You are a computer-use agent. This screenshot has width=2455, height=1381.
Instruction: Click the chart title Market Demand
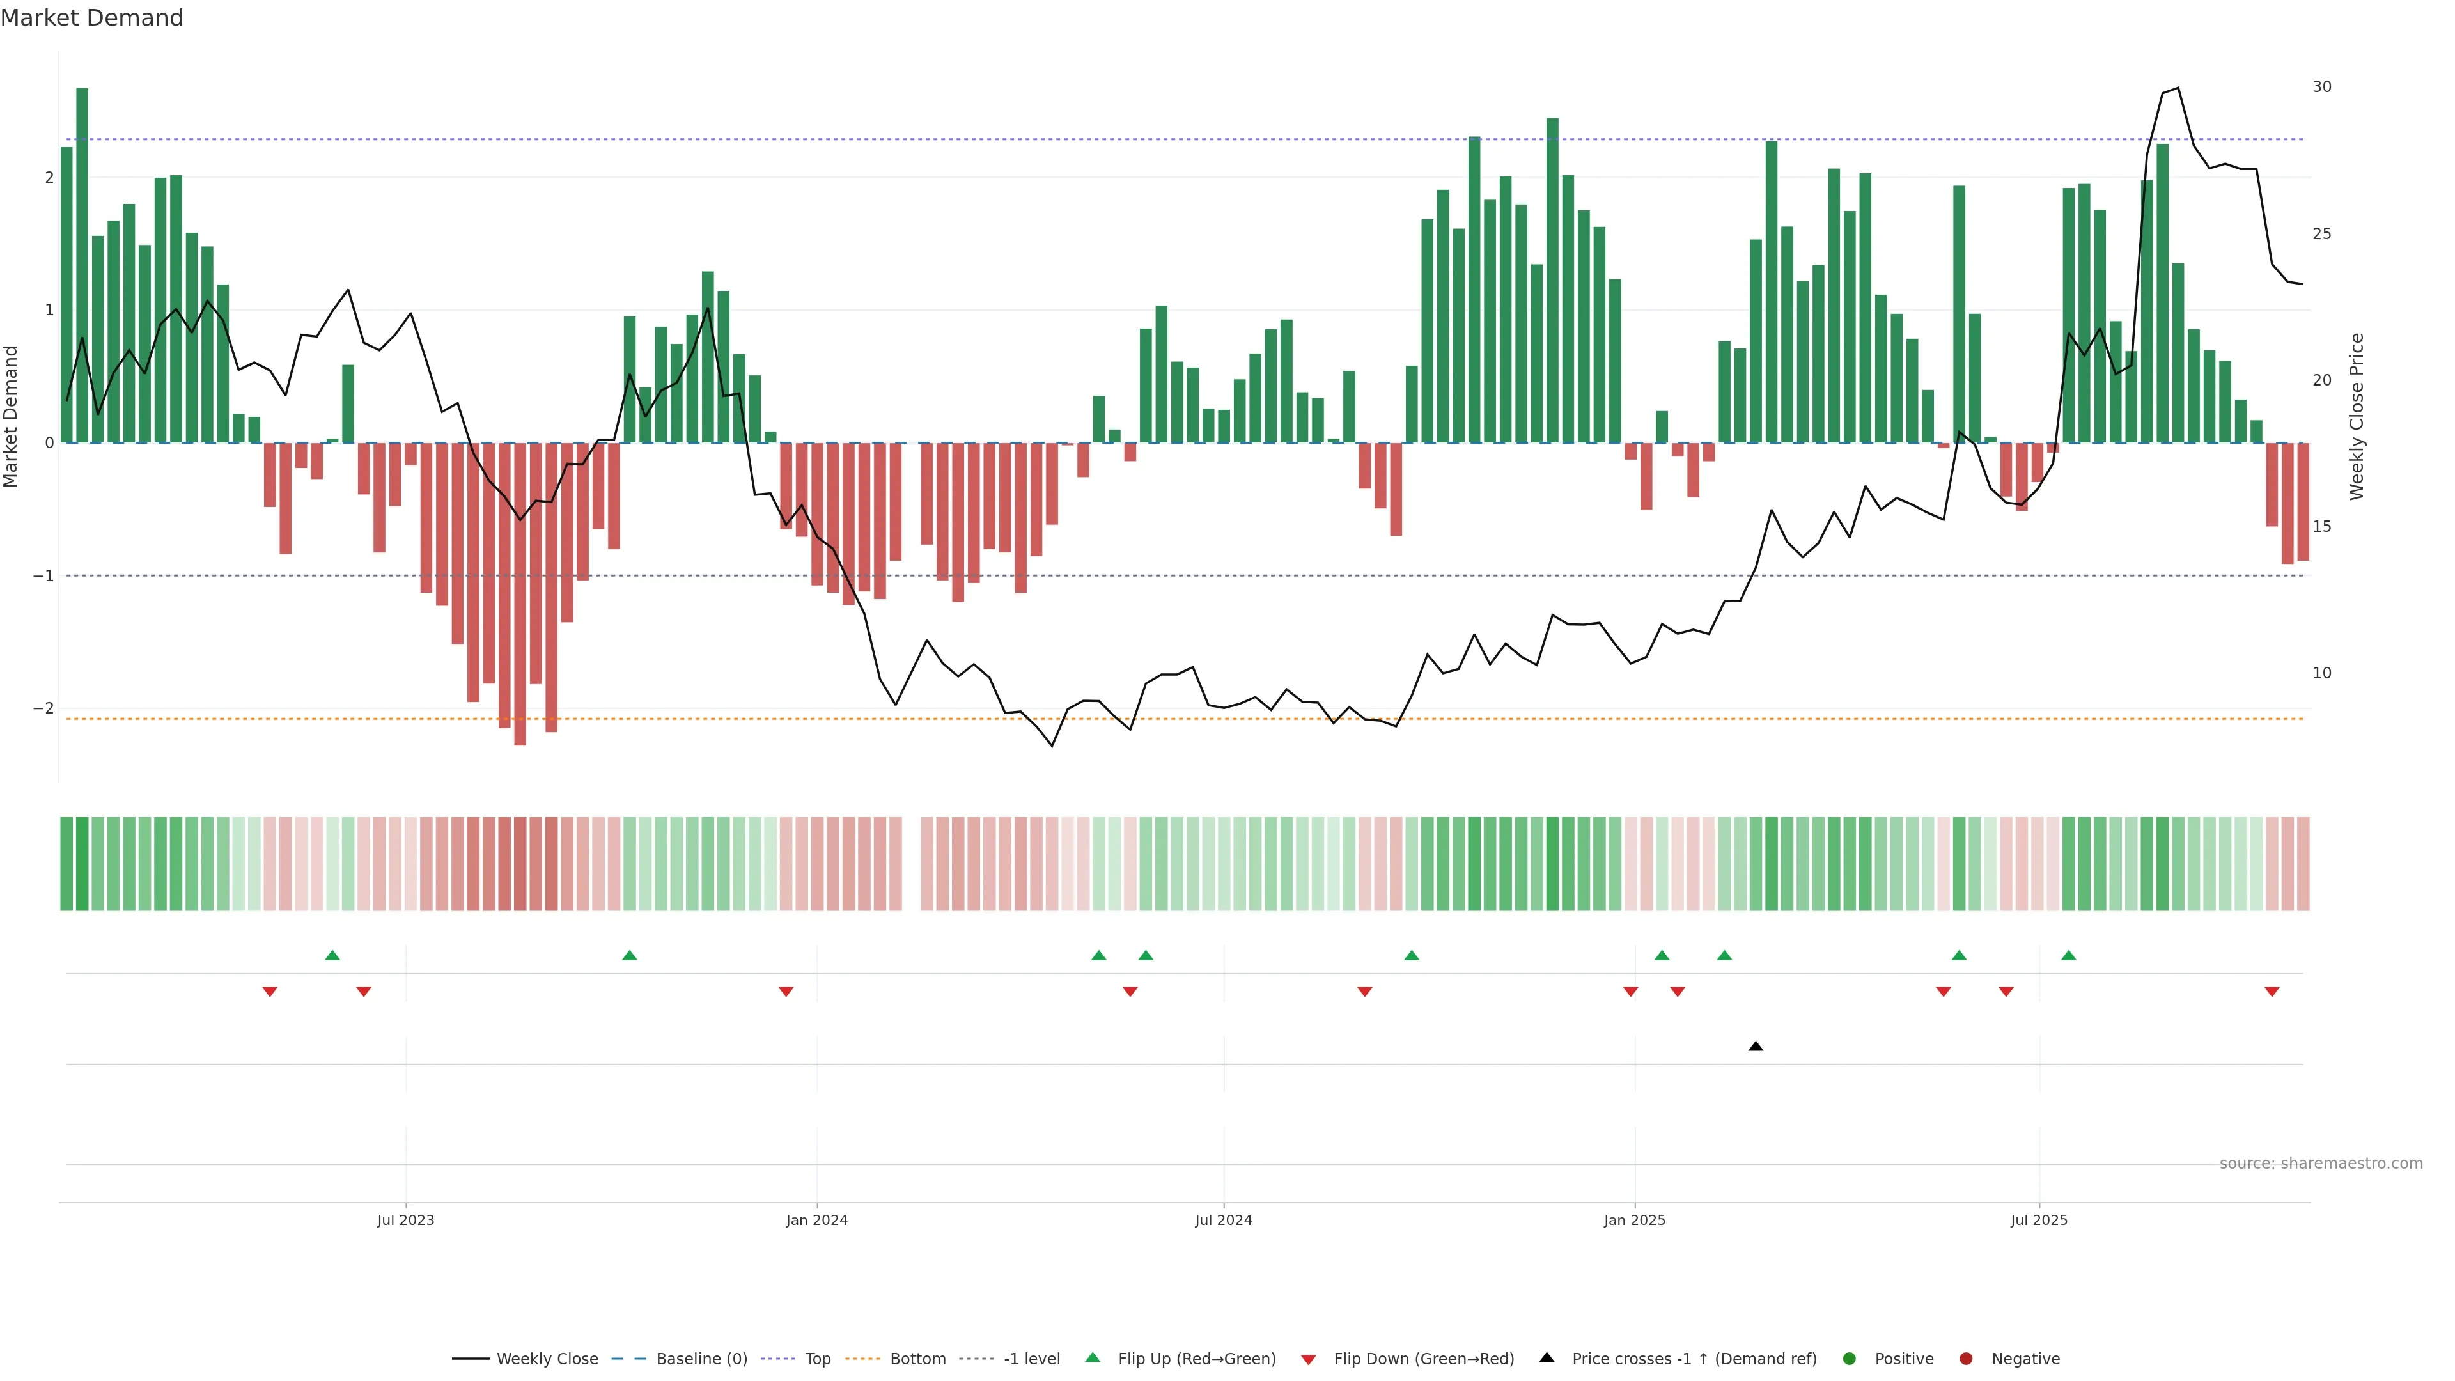(91, 18)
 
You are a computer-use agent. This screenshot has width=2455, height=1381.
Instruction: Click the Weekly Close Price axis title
(2356, 416)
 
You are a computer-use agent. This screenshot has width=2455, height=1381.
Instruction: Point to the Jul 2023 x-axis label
(405, 1220)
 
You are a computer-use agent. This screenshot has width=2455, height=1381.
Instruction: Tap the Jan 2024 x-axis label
(817, 1220)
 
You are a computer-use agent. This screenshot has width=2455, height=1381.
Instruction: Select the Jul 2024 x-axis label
(1224, 1220)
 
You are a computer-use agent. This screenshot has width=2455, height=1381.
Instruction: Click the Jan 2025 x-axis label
(1635, 1220)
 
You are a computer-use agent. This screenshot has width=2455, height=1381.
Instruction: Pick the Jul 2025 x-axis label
(2039, 1220)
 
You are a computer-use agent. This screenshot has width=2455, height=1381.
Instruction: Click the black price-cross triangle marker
(1756, 1047)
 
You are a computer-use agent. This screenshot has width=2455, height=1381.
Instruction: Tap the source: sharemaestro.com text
(2321, 1164)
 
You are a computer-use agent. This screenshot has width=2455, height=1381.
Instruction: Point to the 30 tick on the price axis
(2321, 87)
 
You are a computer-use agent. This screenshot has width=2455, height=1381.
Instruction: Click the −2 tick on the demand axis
(43, 708)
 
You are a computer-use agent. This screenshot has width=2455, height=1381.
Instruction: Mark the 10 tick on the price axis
(2321, 673)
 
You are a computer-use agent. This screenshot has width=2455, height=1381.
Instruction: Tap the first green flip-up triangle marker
(332, 955)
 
